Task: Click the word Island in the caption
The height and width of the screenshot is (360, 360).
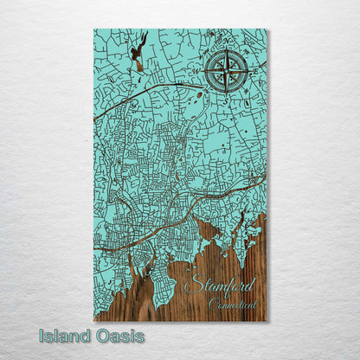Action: (63, 336)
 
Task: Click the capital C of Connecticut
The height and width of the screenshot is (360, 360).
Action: (212, 302)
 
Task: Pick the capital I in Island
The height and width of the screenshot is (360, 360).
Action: (41, 336)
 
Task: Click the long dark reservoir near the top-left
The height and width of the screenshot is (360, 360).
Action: (138, 54)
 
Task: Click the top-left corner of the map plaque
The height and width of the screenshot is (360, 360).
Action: (94, 30)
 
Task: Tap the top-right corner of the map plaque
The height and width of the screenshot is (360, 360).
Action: (267, 30)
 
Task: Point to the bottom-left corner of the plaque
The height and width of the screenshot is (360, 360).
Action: (94, 321)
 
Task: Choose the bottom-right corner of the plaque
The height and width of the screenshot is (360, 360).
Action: (267, 321)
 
